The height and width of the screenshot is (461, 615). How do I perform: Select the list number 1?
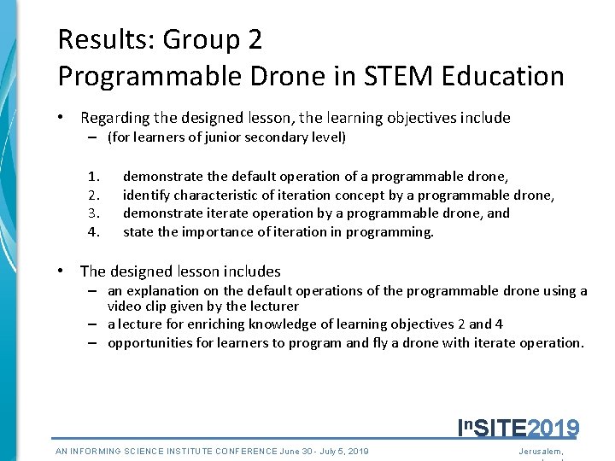click(94, 177)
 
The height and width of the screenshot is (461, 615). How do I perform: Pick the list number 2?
click(94, 195)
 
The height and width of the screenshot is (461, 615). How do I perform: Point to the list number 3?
click(94, 213)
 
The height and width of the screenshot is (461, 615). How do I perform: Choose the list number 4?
click(94, 232)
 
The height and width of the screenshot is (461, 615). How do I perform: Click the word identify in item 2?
click(146, 195)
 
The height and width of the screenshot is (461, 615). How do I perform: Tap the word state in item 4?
click(139, 232)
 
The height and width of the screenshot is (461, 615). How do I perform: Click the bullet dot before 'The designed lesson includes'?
click(61, 271)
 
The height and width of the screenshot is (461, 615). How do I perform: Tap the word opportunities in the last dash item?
click(150, 343)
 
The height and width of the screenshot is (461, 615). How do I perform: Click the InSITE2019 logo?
click(518, 427)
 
